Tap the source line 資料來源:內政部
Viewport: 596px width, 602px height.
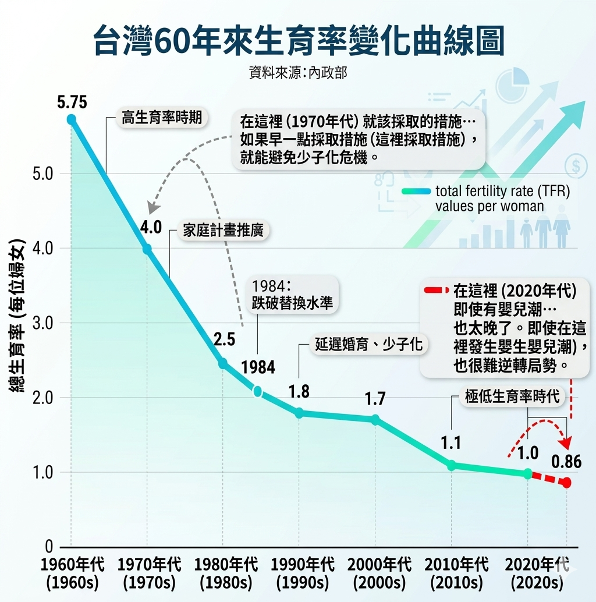pos(297,74)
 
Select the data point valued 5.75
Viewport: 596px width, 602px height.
pos(71,119)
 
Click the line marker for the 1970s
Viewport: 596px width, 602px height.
pos(147,249)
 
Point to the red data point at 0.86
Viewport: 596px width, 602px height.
pos(566,483)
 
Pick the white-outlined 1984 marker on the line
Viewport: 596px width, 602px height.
pos(257,391)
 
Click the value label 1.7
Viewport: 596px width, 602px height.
pos(375,399)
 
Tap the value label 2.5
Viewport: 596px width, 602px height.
pos(224,339)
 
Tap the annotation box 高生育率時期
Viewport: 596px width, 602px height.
pos(162,118)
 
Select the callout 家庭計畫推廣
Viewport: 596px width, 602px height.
pos(223,230)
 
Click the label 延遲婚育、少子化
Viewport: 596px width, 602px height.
pos(368,345)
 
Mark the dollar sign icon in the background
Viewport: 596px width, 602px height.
pos(575,167)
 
